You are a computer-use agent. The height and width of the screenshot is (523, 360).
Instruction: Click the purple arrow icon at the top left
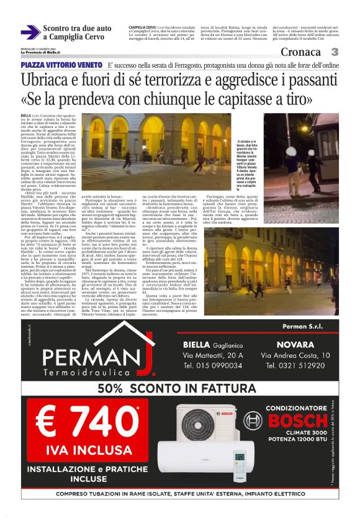point(31,32)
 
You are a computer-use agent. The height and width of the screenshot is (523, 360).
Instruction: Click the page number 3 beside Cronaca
point(334,52)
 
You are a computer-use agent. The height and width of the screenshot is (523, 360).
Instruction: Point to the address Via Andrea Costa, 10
point(295,355)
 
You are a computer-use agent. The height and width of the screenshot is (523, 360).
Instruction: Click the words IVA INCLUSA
point(87,446)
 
